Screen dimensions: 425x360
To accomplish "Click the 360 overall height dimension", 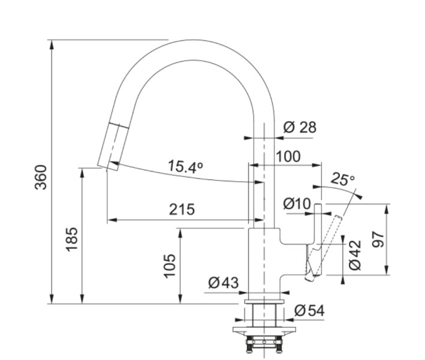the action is point(41,177).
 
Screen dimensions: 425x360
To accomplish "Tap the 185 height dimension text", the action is point(72,239).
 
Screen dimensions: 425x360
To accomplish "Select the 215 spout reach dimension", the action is point(182,209).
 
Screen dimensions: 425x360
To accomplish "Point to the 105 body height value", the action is point(170,266).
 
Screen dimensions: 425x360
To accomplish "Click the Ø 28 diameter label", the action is point(300,127).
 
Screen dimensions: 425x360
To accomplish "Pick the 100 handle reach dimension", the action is point(288,157).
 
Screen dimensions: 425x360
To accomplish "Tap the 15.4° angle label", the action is point(186,167).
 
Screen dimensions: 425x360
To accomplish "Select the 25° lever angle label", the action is point(343,179).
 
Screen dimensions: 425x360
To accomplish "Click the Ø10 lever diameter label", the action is point(297,204).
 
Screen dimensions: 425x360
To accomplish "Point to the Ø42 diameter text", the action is point(355,255).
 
